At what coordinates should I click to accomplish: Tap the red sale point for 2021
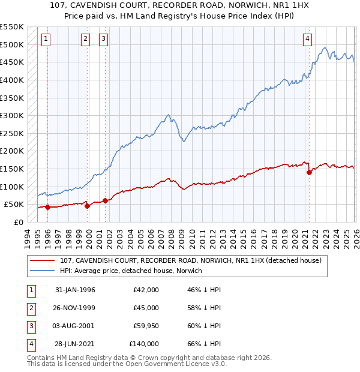tap(310, 172)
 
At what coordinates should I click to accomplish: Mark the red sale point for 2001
tap(105, 200)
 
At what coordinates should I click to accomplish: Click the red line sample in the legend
tap(43, 260)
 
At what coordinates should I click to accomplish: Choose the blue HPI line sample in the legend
tap(43, 271)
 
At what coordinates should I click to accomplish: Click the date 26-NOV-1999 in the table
tap(75, 308)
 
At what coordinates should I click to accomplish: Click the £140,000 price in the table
tap(143, 344)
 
